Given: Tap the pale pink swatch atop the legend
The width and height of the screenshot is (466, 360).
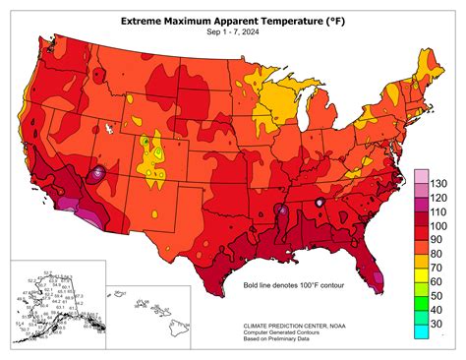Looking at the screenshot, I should point(421,174).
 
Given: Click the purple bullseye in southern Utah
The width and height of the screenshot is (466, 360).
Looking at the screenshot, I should point(97,174).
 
